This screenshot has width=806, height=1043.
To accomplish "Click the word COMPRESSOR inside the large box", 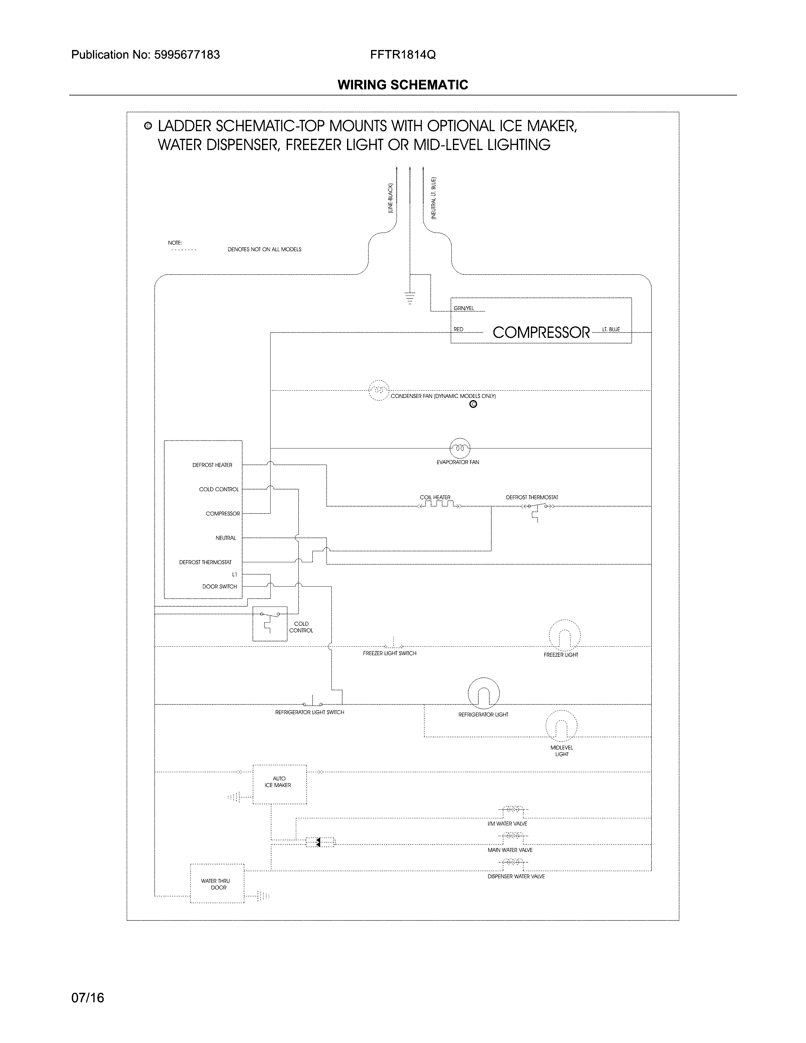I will [541, 332].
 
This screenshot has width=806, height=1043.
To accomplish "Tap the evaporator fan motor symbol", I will [460, 448].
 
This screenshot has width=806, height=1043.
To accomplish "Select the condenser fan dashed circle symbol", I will [379, 391].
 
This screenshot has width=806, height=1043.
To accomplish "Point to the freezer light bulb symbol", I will [565, 636].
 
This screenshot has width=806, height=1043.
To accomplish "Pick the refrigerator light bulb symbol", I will [484, 693].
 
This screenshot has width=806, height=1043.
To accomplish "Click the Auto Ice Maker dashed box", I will [279, 784].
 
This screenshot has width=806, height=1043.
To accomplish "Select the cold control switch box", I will [270, 624].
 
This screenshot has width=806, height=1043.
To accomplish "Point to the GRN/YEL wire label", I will [464, 308].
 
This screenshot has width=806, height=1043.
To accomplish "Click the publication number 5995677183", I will [187, 55].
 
